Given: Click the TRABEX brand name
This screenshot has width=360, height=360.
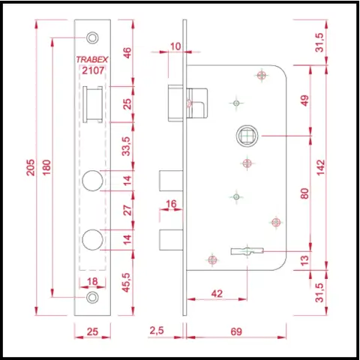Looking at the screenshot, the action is coord(92,59).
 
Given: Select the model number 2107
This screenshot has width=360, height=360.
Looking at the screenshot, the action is coord(93,70).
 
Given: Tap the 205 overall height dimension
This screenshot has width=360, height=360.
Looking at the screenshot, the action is coord(31,167).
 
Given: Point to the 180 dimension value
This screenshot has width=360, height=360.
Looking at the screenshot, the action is coord(46,167).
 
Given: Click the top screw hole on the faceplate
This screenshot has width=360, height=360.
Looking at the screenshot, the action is coord(92,37).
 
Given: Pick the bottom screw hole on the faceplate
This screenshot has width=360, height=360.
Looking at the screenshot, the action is coord(92,297).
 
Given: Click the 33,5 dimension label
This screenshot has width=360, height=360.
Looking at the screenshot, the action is coord(127,146).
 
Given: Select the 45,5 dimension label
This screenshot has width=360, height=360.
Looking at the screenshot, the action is coord(127,282).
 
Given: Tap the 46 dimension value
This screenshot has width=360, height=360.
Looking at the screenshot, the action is coord(127,53).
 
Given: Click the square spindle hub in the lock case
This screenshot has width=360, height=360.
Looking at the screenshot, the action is coord(247,136).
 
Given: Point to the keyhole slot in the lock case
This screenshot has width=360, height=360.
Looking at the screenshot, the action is coord(247,251).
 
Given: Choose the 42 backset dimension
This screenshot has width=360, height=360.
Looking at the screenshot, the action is coord(217,293).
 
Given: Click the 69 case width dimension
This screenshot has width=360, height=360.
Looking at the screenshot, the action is coord(236,331).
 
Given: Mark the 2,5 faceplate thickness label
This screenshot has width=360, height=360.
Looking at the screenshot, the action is coord(157,331).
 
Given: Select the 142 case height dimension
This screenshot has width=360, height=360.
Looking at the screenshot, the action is coord(321,167).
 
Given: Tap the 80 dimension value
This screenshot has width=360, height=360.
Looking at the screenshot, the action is coord(304,193).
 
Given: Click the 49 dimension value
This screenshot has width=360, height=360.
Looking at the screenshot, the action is coord(305,100).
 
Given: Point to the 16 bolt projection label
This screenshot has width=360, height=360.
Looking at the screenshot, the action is coord(171,204).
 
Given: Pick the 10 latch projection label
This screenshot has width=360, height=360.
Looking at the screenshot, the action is coord(175,46).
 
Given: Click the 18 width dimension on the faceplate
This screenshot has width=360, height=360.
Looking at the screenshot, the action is coord(92,282).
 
